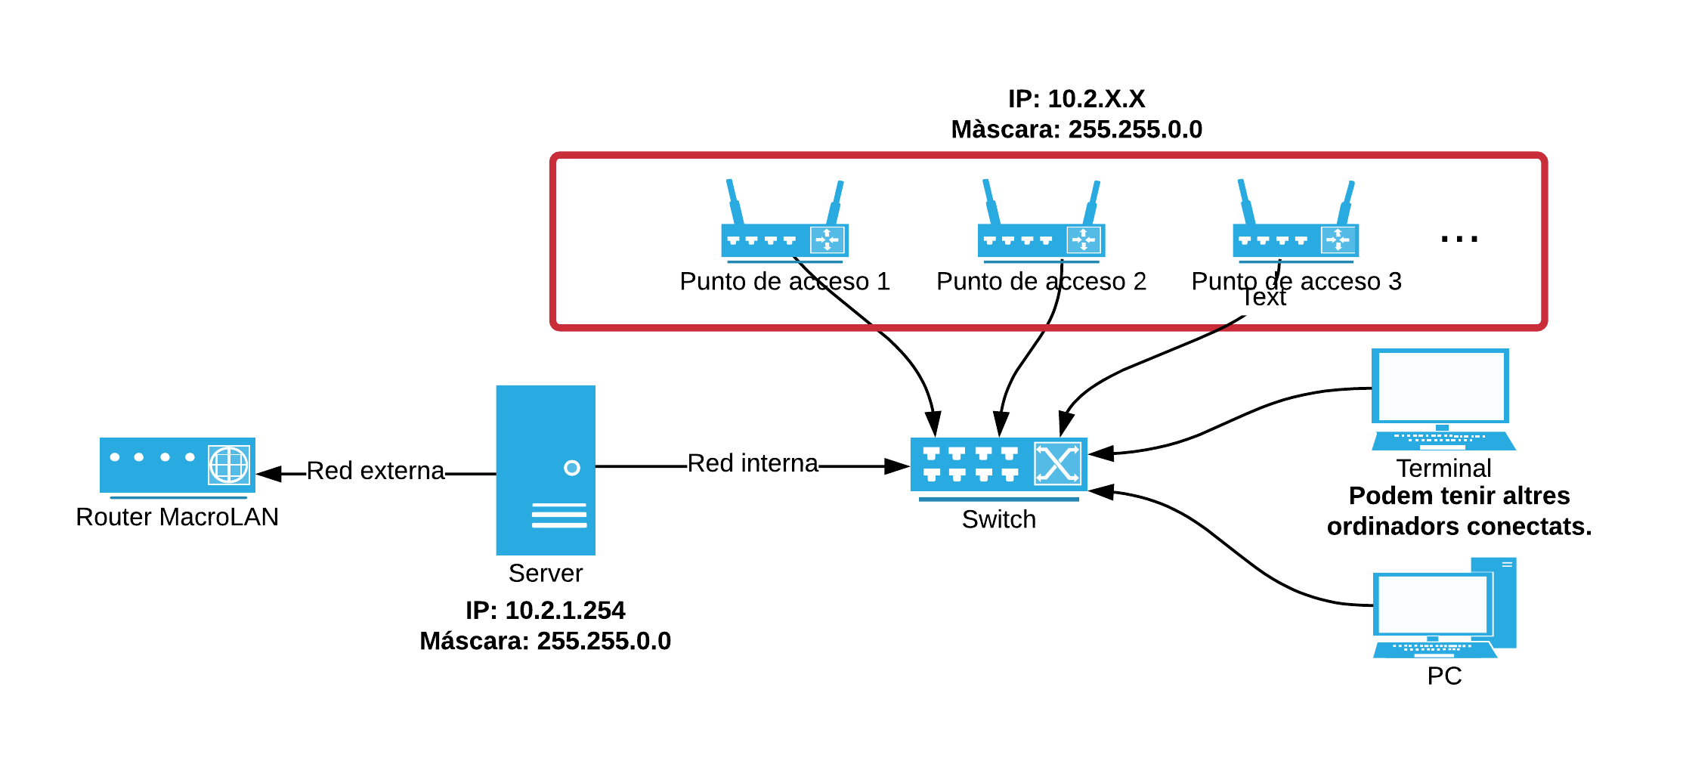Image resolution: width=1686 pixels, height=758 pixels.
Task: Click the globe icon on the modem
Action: [x=228, y=465]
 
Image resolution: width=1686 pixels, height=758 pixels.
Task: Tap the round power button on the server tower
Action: [x=572, y=468]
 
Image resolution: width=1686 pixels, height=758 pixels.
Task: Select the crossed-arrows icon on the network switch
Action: [x=1057, y=463]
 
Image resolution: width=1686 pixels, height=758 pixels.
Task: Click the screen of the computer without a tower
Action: [x=1440, y=386]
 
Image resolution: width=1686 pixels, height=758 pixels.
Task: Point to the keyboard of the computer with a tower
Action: [x=1434, y=650]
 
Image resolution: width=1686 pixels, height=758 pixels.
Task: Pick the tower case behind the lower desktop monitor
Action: [x=1505, y=602]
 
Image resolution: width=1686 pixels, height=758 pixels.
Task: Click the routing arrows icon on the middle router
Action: [x=1084, y=240]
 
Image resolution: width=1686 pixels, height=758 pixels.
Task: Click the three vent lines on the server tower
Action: [x=559, y=515]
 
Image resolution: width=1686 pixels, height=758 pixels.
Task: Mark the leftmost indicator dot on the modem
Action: [x=115, y=456]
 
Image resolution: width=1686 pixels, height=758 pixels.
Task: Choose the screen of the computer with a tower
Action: [x=1432, y=605]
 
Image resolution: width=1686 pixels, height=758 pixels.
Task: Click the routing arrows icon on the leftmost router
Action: [x=827, y=240]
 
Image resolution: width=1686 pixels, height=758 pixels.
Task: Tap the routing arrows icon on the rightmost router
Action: [x=1338, y=240]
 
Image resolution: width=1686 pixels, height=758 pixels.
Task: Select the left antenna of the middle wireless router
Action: [x=991, y=201]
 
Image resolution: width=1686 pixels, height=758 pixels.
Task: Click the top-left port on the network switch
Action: [x=931, y=453]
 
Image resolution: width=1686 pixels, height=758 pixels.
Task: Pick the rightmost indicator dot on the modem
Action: [x=190, y=456]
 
